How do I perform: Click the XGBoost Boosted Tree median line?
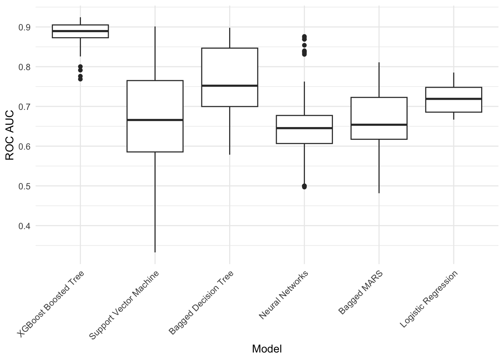pos(80,31)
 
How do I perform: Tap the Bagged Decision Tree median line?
pos(229,85)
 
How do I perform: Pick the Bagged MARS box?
pos(379,112)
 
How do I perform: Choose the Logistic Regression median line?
pos(453,99)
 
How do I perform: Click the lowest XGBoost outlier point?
pos(80,79)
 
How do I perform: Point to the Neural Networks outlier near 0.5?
pos(304,186)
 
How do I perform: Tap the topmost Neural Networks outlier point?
pos(304,36)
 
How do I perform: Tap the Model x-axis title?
pos(267,349)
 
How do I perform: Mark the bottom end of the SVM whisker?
pos(155,252)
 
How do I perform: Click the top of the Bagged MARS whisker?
pos(379,63)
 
